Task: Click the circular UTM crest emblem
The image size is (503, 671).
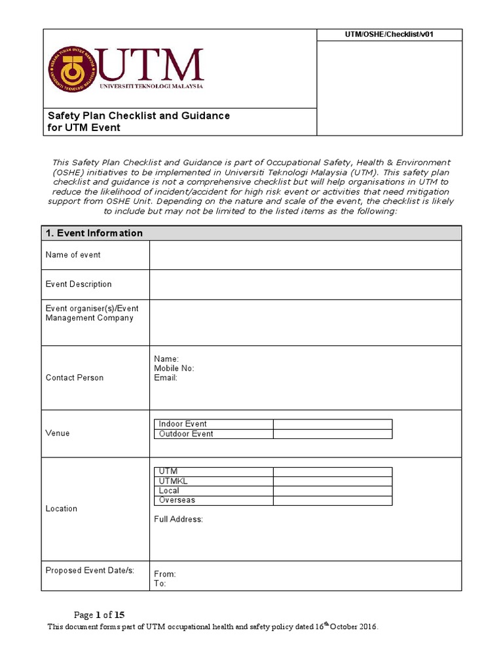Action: (x=71, y=69)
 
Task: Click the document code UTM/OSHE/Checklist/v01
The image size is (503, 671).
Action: (x=389, y=35)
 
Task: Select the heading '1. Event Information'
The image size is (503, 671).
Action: (x=94, y=233)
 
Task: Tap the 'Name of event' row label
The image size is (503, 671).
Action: (x=73, y=255)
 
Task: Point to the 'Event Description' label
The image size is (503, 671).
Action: (x=78, y=284)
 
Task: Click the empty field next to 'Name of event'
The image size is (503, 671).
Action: (x=305, y=255)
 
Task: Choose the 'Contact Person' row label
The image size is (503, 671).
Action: (x=74, y=378)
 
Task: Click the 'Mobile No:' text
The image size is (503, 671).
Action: (x=174, y=368)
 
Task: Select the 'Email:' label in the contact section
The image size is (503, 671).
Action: (x=166, y=378)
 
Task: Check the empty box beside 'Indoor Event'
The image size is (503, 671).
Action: (x=332, y=424)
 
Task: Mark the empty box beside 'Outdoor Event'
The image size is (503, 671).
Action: (x=332, y=434)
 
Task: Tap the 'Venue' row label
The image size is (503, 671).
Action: (x=58, y=433)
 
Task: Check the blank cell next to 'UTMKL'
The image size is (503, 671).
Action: (x=332, y=481)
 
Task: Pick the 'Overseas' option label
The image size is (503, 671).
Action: (x=177, y=501)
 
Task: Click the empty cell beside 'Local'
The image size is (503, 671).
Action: (x=332, y=491)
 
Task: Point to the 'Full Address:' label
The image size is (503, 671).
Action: (x=178, y=520)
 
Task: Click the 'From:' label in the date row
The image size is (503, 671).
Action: (x=164, y=574)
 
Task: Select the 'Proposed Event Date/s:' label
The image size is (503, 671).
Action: (x=90, y=570)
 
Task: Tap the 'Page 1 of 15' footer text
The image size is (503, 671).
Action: (x=99, y=615)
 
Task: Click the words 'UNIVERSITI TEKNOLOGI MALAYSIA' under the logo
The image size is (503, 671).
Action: (x=151, y=86)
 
